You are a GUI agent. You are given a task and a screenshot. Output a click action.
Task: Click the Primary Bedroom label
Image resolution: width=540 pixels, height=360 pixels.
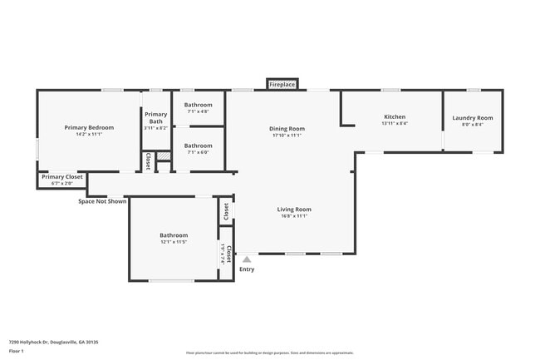pos(89,127)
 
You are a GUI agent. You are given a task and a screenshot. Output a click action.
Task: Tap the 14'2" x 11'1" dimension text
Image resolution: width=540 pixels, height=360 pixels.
pos(89,134)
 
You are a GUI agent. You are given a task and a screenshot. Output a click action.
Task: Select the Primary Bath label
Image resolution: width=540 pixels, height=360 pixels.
pos(156,118)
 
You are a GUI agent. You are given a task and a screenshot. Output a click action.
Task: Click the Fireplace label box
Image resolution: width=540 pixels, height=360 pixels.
pos(282,84)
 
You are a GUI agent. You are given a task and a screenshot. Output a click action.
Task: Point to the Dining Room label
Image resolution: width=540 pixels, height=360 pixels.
pos(287,128)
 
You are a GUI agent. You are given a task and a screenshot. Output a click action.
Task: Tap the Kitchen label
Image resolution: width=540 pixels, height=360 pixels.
pos(394,116)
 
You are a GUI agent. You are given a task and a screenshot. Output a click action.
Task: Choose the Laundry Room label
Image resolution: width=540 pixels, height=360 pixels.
pos(472,118)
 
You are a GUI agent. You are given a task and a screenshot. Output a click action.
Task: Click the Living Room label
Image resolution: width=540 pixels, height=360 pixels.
pos(294,210)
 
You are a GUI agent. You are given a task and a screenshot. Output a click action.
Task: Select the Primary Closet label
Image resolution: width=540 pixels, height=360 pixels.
pos(62,176)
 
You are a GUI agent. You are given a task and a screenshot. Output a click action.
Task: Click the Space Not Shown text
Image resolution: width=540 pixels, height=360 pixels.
pos(102,200)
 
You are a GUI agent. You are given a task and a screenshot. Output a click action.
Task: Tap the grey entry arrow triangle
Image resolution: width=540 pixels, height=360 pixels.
pos(247,259)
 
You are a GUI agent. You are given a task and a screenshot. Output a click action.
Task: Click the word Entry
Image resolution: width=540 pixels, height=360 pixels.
pos(247,269)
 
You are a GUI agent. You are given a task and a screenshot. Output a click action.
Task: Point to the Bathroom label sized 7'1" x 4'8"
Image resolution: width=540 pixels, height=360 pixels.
pos(199,105)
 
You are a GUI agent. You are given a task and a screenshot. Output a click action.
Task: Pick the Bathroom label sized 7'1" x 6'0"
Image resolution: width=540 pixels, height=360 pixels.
pos(199,145)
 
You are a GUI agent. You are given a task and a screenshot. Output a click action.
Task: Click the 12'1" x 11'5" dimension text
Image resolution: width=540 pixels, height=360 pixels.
pos(174,242)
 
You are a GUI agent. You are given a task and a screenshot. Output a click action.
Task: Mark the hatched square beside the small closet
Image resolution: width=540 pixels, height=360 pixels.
pos(164,155)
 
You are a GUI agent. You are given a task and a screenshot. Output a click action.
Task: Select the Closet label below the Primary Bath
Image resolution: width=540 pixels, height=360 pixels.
pos(148,160)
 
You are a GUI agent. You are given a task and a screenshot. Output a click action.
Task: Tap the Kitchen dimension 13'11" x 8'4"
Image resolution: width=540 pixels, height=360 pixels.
pos(394,123)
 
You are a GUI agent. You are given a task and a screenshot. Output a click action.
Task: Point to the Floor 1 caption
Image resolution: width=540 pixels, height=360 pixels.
pos(17,352)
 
